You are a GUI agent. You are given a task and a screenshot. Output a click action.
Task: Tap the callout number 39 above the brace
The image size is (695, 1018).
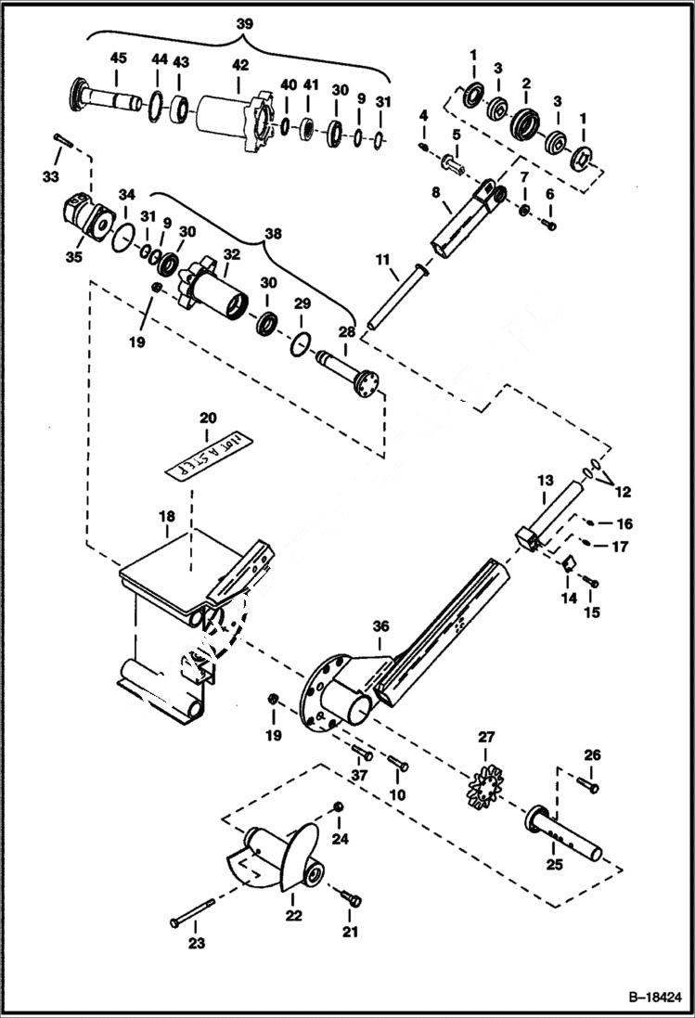pyautogui.click(x=243, y=20)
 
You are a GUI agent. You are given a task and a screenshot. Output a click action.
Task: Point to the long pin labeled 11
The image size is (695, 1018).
pyautogui.click(x=393, y=296)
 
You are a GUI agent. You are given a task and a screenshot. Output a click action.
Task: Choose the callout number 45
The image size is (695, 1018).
pyautogui.click(x=118, y=58)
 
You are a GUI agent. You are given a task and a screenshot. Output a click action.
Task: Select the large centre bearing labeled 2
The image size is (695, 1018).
pyautogui.click(x=526, y=122)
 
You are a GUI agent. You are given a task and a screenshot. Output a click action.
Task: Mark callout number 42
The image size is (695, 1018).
pyautogui.click(x=240, y=66)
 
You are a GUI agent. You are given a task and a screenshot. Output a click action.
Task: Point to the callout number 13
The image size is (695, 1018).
pyautogui.click(x=544, y=481)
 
